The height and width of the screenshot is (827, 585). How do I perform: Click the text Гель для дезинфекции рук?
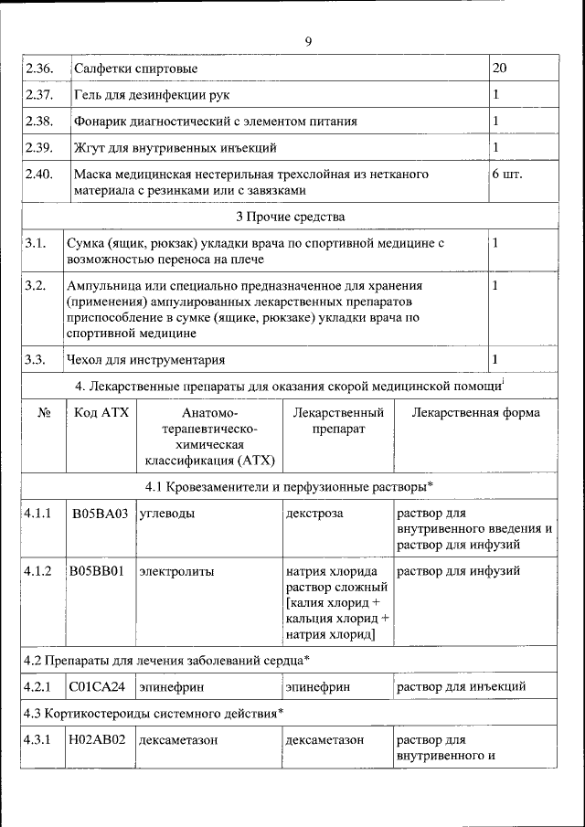click(x=152, y=95)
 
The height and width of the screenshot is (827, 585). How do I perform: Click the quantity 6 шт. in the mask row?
click(x=507, y=174)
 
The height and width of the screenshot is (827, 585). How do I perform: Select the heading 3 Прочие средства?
click(x=290, y=217)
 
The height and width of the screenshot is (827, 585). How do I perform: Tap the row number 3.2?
click(x=36, y=286)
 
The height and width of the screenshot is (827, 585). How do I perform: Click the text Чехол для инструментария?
click(x=145, y=359)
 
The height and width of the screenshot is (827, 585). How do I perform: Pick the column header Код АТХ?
click(x=101, y=412)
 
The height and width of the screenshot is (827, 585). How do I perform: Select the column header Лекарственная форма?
click(x=475, y=412)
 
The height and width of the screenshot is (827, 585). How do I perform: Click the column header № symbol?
click(x=44, y=412)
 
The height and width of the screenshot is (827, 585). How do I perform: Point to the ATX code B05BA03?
click(x=101, y=514)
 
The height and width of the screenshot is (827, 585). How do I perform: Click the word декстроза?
click(x=314, y=514)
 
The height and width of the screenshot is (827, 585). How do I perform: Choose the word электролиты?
click(x=176, y=572)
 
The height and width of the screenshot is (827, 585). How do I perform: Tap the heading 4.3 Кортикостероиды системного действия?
click(x=152, y=712)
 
